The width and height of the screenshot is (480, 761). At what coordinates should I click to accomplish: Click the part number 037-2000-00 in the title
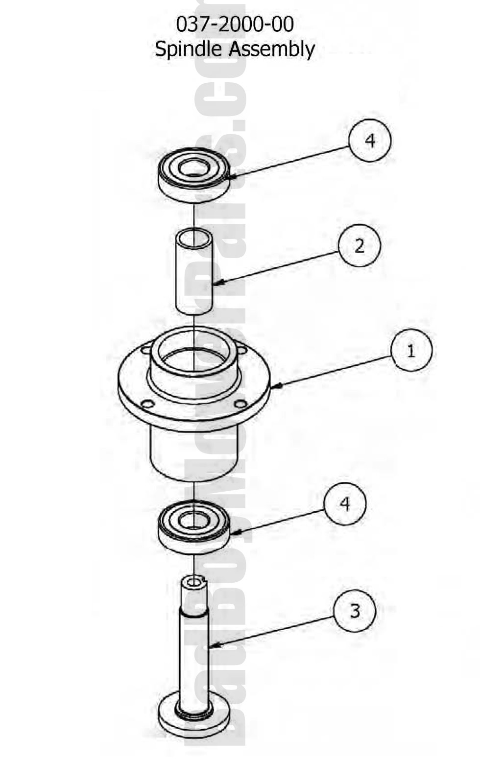tap(235, 24)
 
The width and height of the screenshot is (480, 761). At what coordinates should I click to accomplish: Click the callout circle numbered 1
tap(411, 350)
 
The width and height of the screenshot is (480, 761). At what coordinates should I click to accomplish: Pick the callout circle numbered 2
tap(359, 245)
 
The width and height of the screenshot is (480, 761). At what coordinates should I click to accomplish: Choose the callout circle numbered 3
tap(355, 611)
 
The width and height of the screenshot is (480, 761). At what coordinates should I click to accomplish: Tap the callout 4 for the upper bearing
tap(370, 141)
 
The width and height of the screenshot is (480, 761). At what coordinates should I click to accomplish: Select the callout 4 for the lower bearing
tap(345, 503)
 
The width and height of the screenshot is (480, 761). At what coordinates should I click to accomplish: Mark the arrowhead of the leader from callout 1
tap(273, 387)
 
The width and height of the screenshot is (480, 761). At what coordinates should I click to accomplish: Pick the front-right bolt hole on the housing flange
tap(240, 404)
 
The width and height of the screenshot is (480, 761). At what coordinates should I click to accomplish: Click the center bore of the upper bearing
tap(194, 168)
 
